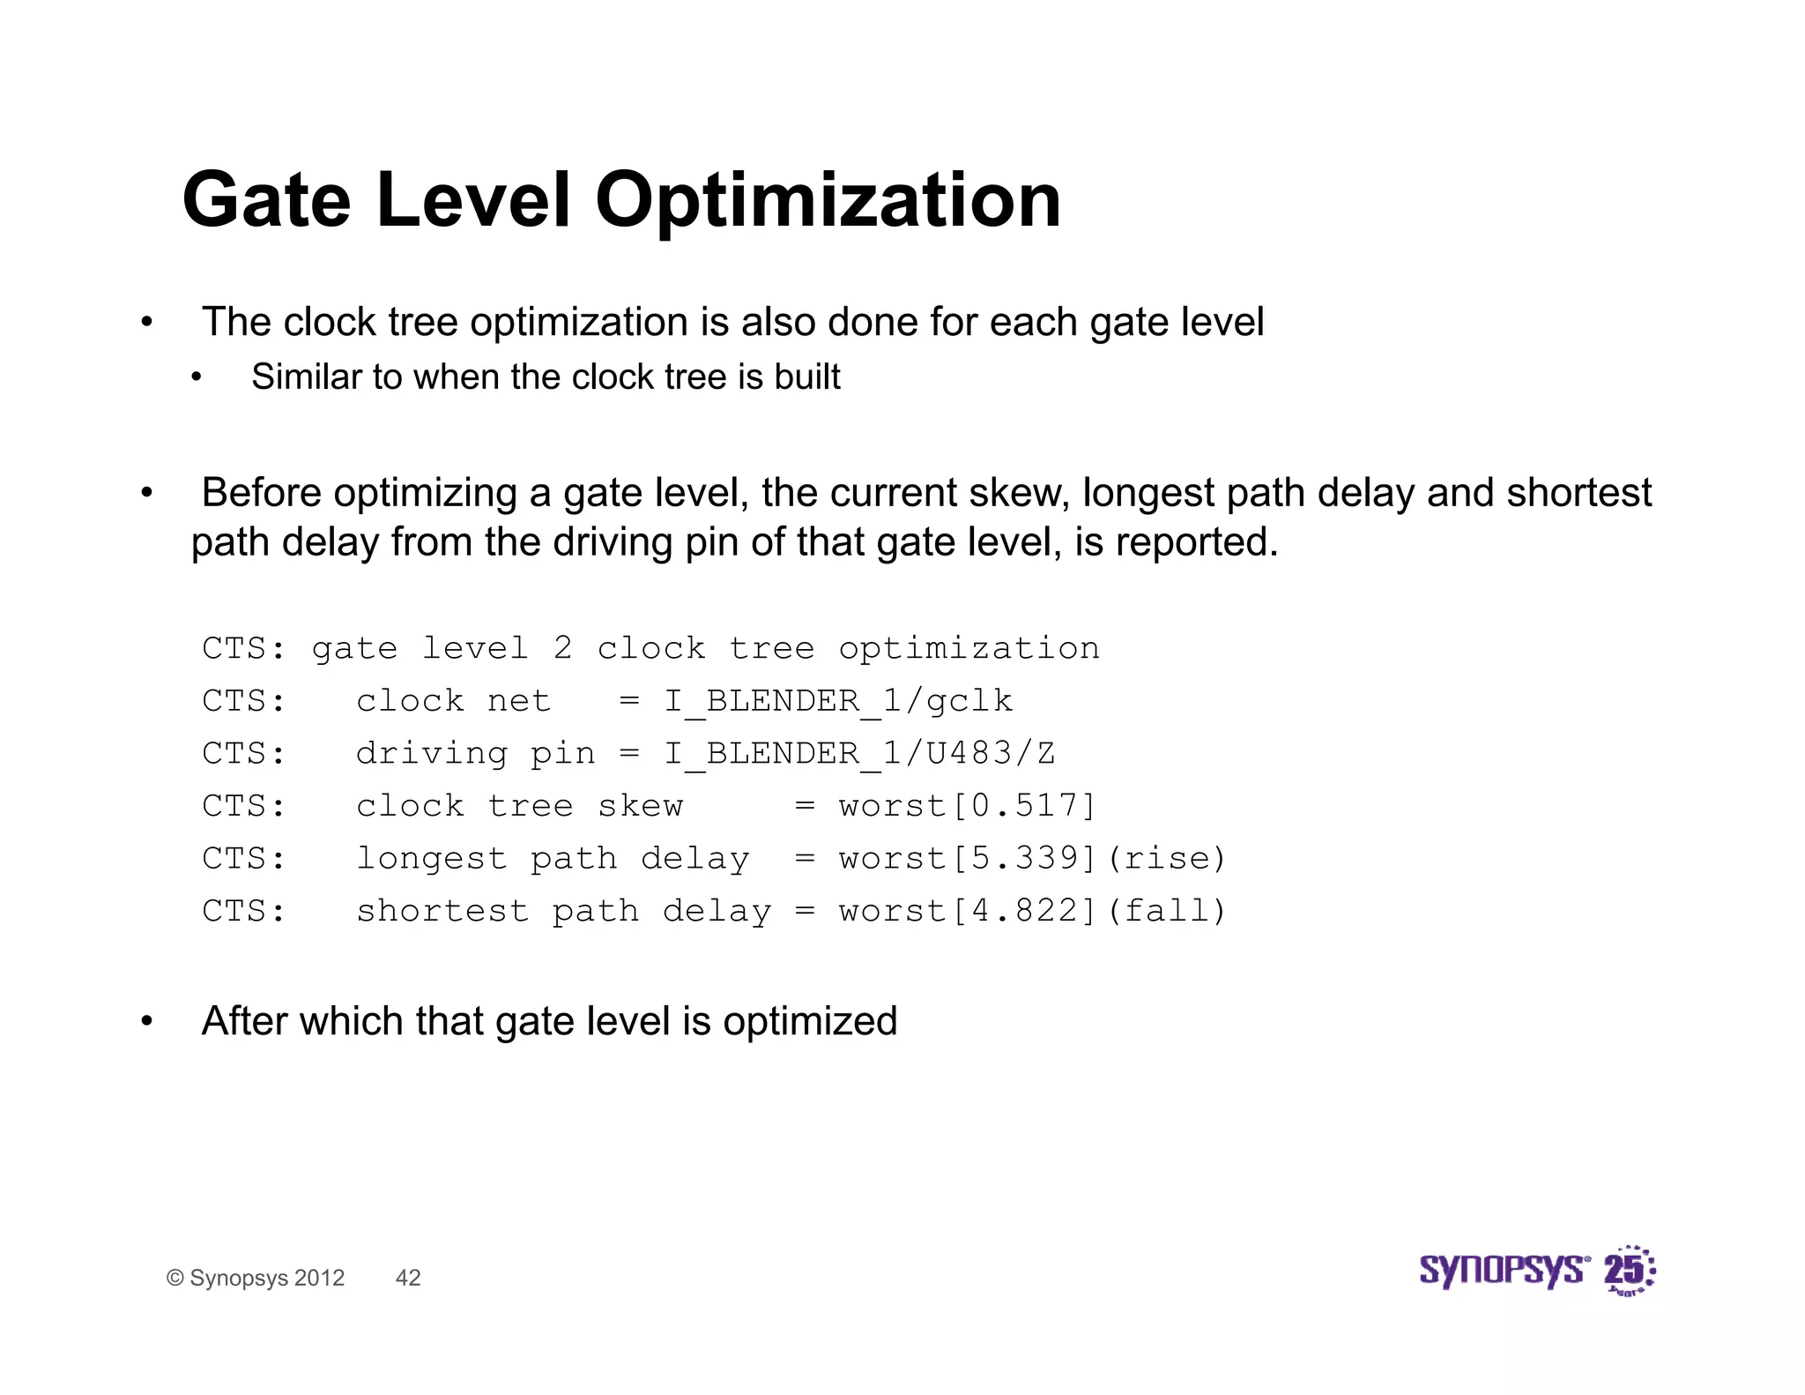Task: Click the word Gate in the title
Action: click(266, 200)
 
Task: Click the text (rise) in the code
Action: click(1167, 858)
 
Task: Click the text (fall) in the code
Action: click(1167, 911)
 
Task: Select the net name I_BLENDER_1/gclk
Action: click(838, 701)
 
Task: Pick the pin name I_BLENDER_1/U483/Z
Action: click(859, 754)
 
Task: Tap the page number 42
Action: click(408, 1278)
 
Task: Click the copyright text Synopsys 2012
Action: click(256, 1278)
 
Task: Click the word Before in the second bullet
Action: click(261, 493)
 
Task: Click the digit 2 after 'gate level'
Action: click(562, 648)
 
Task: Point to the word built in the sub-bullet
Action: click(807, 377)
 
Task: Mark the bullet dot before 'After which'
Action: click(147, 1022)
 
